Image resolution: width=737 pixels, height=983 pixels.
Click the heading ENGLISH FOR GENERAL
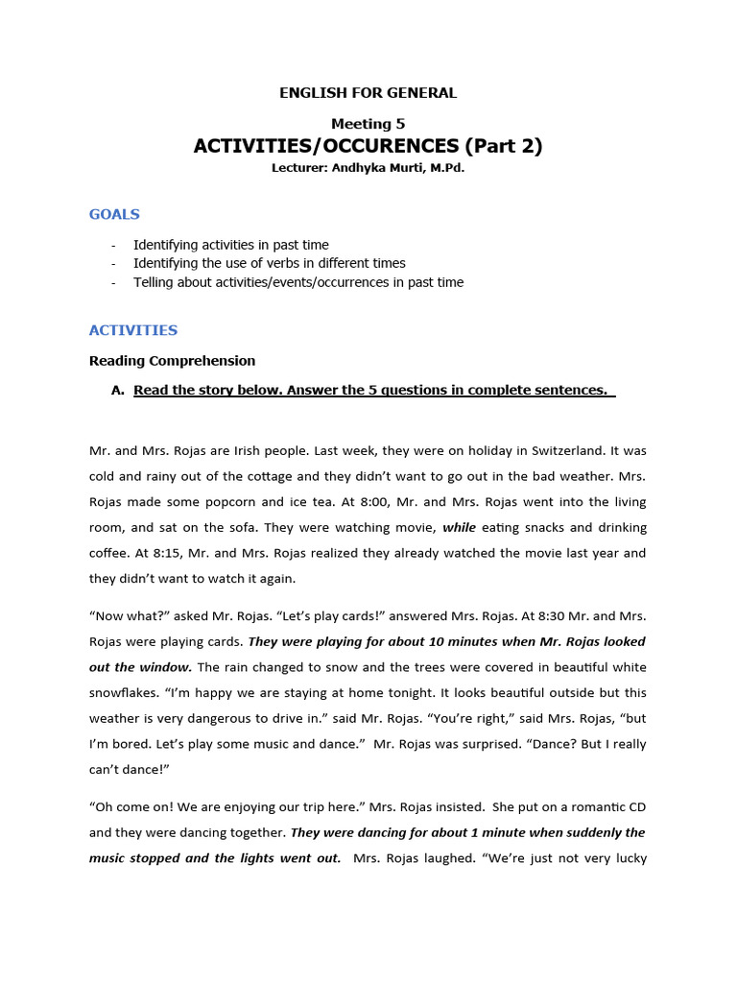point(368,93)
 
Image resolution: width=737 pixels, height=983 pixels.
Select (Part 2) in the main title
point(504,146)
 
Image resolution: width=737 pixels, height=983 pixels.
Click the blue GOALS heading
point(114,214)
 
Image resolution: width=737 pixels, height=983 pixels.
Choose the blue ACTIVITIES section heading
point(133,330)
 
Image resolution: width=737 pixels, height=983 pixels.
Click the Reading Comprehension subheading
point(172,361)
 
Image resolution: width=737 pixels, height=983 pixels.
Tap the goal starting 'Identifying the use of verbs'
point(269,263)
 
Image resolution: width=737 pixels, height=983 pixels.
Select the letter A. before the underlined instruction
point(119,390)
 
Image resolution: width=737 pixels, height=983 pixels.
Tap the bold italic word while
point(459,528)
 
